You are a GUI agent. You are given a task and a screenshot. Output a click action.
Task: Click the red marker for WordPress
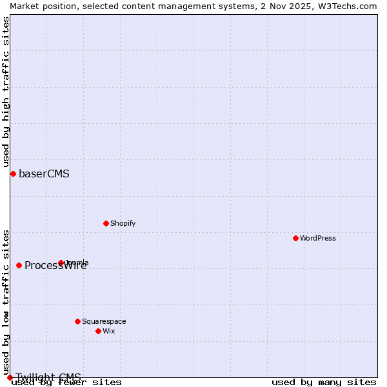pos(296,238)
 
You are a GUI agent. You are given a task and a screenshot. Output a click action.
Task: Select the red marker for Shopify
pos(106,223)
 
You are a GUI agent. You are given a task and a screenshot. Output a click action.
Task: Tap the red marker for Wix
pos(99,331)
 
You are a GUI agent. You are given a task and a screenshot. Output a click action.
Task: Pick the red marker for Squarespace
pos(78,321)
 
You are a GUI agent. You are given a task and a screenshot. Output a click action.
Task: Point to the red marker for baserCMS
pos(13,174)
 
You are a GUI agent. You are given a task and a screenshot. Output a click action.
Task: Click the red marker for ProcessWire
pos(19,265)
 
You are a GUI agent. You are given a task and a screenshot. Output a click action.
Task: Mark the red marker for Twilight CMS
pos(10,377)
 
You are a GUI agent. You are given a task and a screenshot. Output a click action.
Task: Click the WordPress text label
pos(318,238)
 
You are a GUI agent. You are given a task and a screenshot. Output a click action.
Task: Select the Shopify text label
pos(123,223)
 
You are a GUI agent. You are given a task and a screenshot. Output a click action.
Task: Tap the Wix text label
pos(109,331)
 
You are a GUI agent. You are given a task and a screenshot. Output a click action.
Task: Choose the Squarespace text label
pos(104,321)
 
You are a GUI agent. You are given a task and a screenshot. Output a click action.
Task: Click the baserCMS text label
pos(44,174)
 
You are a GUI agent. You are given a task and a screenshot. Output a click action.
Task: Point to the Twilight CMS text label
pos(48,377)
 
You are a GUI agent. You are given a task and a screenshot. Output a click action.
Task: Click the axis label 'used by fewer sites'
pos(66,382)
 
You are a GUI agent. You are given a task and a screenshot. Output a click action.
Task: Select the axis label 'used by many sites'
pos(324,382)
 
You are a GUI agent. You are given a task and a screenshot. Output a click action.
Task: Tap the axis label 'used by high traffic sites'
pos(6,92)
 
